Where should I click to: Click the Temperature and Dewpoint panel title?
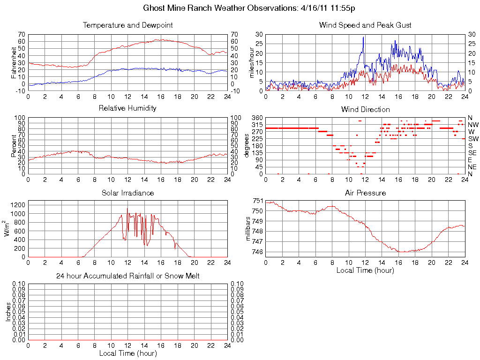tap(127, 25)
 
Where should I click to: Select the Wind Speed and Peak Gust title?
tap(365, 25)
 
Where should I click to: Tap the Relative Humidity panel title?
tap(127, 108)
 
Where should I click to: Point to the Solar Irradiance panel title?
tap(127, 193)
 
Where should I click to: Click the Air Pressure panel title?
tap(365, 193)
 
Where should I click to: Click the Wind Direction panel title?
tap(365, 110)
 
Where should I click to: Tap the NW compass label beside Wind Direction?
tap(473, 125)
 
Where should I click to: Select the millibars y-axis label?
tap(249, 227)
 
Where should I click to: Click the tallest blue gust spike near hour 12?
tap(363, 37)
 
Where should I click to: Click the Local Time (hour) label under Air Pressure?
tap(365, 270)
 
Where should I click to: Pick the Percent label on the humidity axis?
tap(14, 146)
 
